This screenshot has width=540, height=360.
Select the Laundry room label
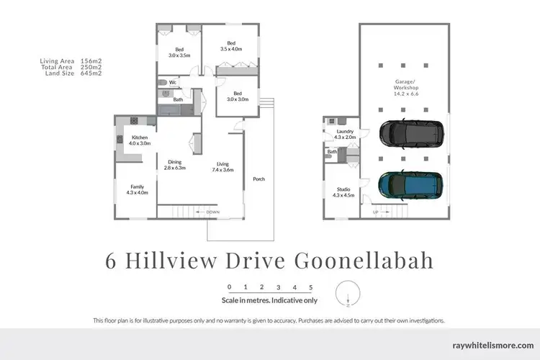(x=345, y=134)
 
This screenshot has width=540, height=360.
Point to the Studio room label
(x=343, y=192)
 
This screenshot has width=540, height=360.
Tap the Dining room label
(x=176, y=164)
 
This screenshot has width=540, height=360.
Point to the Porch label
(x=258, y=179)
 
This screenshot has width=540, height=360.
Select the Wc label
(x=174, y=83)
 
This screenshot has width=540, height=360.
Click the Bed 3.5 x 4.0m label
(x=231, y=46)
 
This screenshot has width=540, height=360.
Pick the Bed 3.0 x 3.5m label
(x=179, y=52)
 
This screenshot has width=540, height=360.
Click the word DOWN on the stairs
(x=213, y=212)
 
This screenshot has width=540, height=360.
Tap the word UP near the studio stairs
(x=375, y=212)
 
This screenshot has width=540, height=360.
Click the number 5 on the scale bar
(x=310, y=287)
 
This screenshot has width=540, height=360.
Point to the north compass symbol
(x=348, y=301)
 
